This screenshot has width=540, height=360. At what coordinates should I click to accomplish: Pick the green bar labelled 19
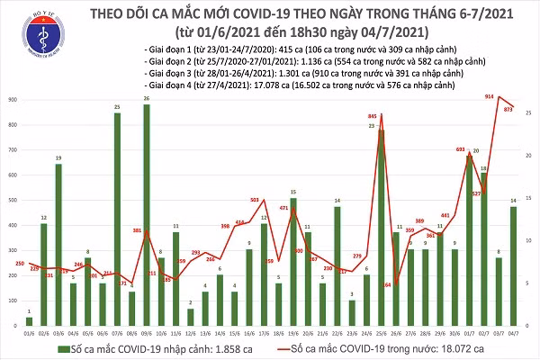click(58, 243)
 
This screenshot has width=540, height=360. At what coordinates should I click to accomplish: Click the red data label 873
click(509, 108)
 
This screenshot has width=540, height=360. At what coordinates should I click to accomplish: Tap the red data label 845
click(373, 117)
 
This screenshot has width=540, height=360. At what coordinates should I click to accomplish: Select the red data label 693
click(460, 148)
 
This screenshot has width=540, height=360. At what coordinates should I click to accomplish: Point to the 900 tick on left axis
click(11, 100)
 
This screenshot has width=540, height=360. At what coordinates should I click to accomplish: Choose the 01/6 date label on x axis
click(29, 334)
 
